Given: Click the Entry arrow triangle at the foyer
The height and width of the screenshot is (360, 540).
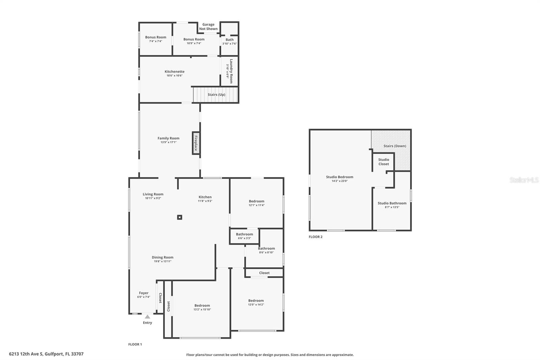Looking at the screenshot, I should [147, 317].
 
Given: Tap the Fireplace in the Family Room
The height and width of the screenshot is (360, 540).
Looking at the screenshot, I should [196, 143].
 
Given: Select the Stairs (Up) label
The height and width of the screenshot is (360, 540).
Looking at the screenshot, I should [216, 95].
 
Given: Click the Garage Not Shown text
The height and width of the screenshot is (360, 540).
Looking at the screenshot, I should [208, 27].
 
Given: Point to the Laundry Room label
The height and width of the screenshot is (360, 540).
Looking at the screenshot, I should [231, 71].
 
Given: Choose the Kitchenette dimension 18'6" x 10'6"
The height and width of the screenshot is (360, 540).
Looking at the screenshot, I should [174, 76].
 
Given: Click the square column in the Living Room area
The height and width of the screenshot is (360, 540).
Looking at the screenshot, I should [180, 217].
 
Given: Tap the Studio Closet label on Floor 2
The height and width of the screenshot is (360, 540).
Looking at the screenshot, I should [383, 162].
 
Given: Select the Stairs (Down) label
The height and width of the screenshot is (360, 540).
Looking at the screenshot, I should [395, 146].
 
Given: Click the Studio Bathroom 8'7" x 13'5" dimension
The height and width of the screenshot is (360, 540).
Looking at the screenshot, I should [392, 207].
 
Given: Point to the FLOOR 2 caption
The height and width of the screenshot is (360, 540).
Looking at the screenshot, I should [316, 237].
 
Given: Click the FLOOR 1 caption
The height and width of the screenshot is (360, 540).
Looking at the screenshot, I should [135, 344].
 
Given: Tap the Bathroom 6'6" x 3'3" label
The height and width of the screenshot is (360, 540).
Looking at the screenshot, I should [244, 236].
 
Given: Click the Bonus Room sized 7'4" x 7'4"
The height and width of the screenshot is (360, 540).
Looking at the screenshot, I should [156, 39].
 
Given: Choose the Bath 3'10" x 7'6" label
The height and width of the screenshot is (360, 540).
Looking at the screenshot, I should [230, 42].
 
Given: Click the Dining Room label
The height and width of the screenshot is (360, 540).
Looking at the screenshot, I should [162, 257].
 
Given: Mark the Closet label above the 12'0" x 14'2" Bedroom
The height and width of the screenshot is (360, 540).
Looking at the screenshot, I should [264, 273].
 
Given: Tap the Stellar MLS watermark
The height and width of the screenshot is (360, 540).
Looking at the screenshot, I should [524, 180].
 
